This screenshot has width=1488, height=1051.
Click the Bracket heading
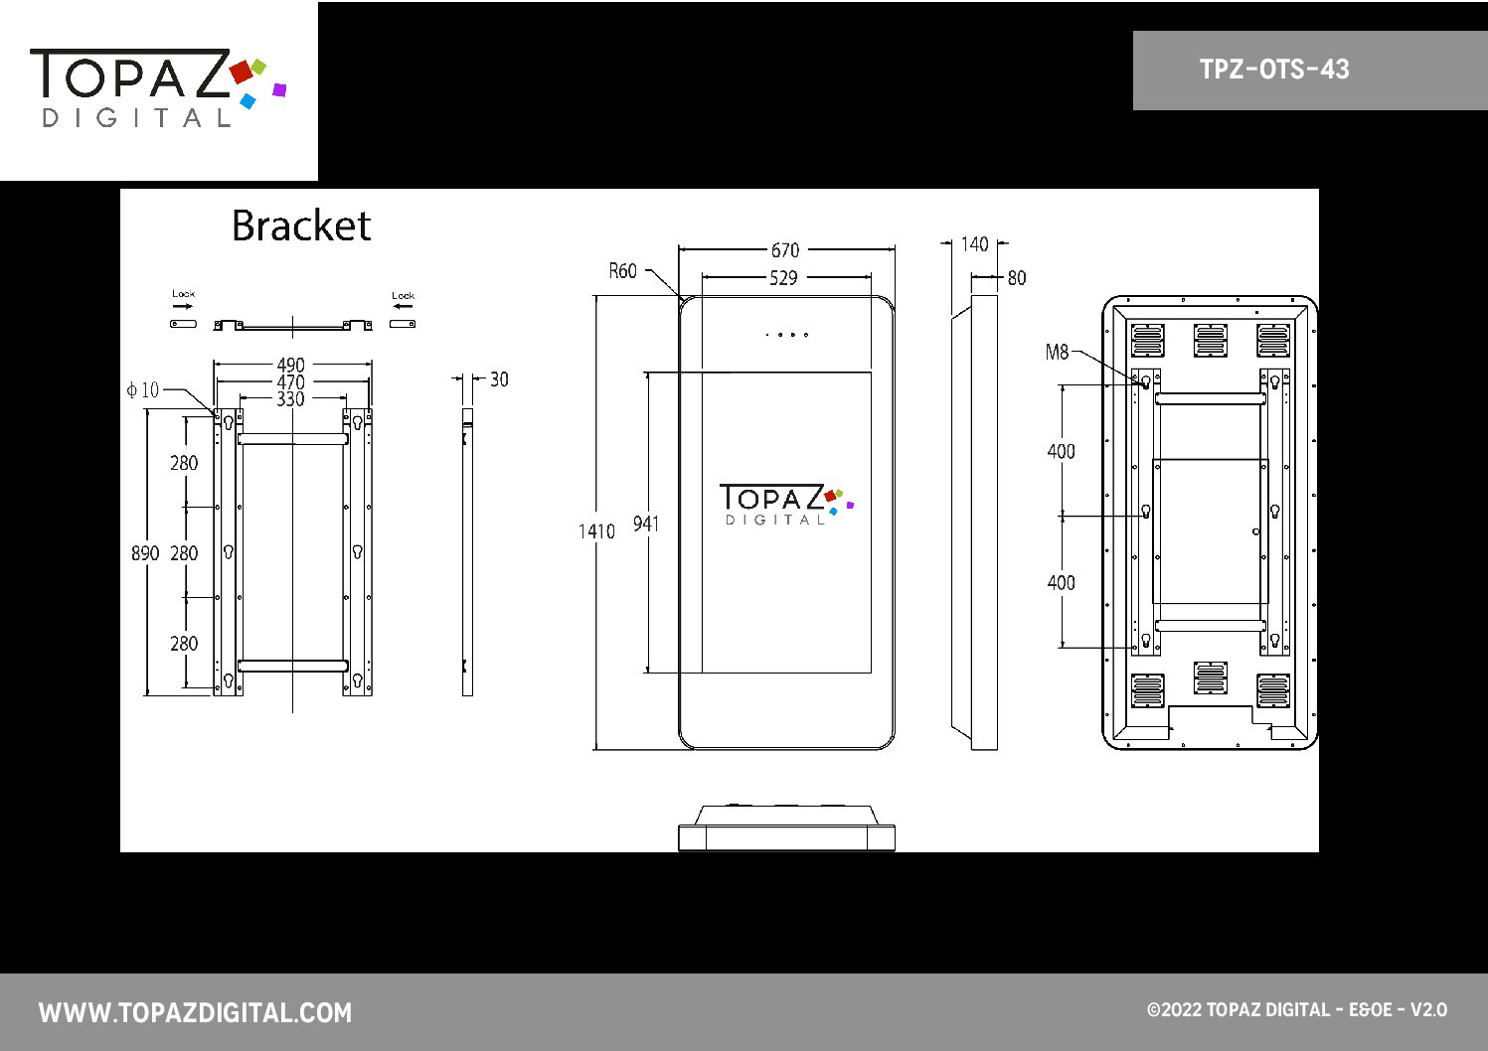(x=301, y=225)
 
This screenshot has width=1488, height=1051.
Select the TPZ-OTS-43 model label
(x=1274, y=70)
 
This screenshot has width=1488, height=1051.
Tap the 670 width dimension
(x=785, y=250)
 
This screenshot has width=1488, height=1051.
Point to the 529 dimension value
(x=784, y=277)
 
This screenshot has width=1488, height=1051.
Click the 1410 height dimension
(x=596, y=531)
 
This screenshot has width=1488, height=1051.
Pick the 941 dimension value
(x=646, y=524)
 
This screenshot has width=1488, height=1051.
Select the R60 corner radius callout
(x=622, y=271)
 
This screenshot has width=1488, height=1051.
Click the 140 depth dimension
(x=974, y=244)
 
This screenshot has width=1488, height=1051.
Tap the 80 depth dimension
(x=1017, y=277)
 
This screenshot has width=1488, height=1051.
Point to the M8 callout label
(x=1057, y=352)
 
